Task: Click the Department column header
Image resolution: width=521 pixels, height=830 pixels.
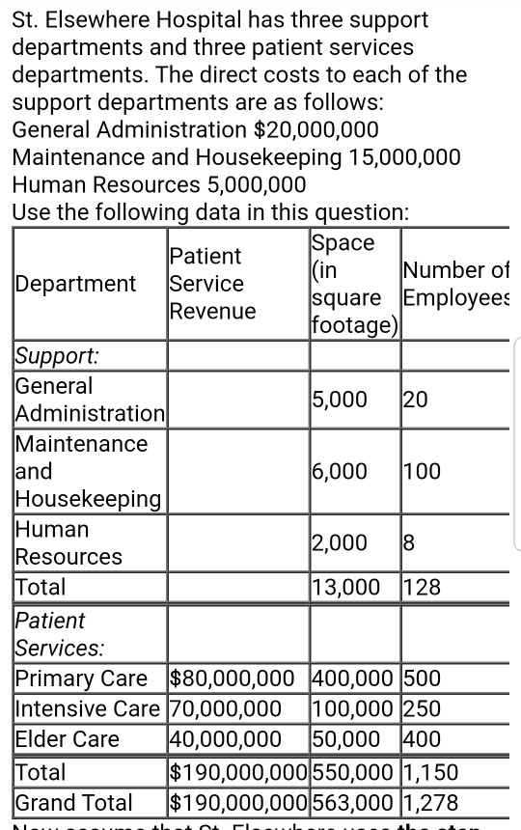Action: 75,284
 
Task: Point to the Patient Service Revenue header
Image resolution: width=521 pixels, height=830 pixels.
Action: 212,283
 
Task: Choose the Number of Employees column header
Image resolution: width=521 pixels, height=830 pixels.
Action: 456,283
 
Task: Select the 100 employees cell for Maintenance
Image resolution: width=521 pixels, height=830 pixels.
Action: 423,471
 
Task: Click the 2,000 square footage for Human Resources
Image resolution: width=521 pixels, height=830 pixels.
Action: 339,542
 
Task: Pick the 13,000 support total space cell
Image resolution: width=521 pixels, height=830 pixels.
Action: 343,587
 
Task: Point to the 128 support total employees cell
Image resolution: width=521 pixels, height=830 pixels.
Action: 423,587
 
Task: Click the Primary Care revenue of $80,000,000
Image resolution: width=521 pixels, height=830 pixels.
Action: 237,678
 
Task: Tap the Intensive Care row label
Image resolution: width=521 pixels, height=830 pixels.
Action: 87,709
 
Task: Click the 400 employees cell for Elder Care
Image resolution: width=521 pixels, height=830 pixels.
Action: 423,739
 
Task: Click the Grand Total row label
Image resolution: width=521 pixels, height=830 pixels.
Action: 74,802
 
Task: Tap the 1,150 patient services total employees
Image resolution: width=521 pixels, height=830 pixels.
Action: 431,772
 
